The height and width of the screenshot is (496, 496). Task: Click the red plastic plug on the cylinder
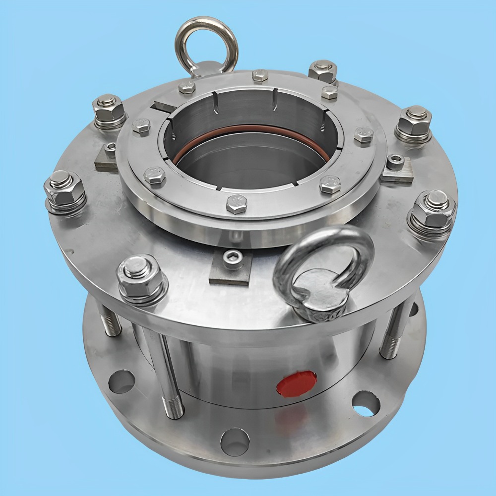(297, 383)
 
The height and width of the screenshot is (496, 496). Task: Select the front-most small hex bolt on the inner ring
(237, 203)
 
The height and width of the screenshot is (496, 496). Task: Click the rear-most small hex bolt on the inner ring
(260, 75)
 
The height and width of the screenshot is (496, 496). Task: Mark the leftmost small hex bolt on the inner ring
(141, 126)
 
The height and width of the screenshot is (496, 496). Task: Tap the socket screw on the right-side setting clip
(395, 163)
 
